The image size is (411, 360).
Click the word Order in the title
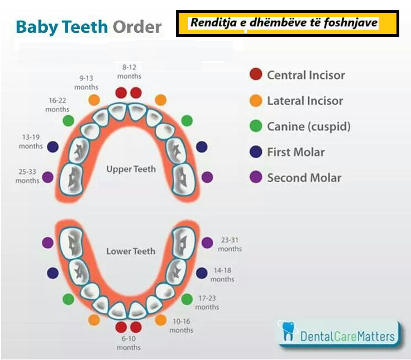coord(137,27)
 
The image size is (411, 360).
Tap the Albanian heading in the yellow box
coord(284,22)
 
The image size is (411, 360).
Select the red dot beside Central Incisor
coord(256,74)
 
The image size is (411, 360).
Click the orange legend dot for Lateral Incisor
coord(256,101)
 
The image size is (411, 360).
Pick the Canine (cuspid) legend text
coord(309,126)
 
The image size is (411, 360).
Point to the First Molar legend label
coord(296,152)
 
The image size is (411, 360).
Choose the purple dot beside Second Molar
coord(256,177)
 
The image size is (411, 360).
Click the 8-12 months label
coord(129,72)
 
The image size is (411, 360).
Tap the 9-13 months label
coord(86,82)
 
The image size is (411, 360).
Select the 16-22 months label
coord(58,105)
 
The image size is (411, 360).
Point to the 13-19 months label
coord(31,141)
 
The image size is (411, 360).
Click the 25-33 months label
coord(27,176)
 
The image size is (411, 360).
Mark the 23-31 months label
coord(230,244)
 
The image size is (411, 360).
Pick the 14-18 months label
coord(222,274)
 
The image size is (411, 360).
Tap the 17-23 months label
coord(207,302)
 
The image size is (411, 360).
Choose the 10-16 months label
coord(181,326)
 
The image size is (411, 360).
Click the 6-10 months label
coord(128,343)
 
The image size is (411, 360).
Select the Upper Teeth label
coord(131,169)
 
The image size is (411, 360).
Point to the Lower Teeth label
coord(131,251)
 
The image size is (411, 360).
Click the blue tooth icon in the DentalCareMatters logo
coord(288,331)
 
